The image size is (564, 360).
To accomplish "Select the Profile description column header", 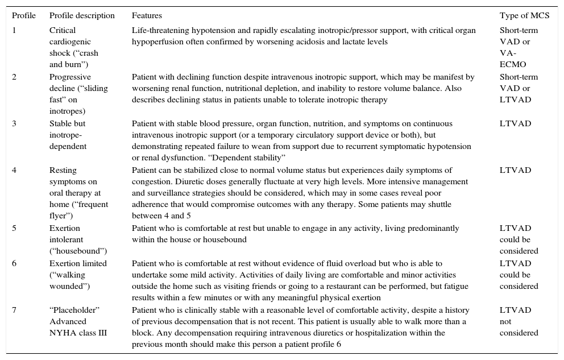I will tap(82, 16).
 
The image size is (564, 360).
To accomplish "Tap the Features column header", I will tap(147, 16).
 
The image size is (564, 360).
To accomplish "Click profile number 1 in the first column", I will tap(14, 30).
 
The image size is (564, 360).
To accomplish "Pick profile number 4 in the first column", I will tap(14, 170).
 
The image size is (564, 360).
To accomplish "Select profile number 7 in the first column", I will tap(14, 310).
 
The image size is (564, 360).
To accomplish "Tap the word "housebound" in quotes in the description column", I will tap(78, 251).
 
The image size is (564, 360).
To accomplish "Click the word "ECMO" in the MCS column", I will tap(513, 64).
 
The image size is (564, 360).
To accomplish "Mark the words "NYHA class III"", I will tap(78, 333).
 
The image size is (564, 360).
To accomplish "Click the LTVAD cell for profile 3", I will tap(515, 123).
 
